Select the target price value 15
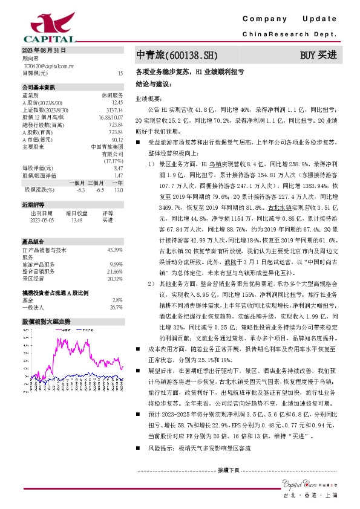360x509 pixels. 120,73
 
